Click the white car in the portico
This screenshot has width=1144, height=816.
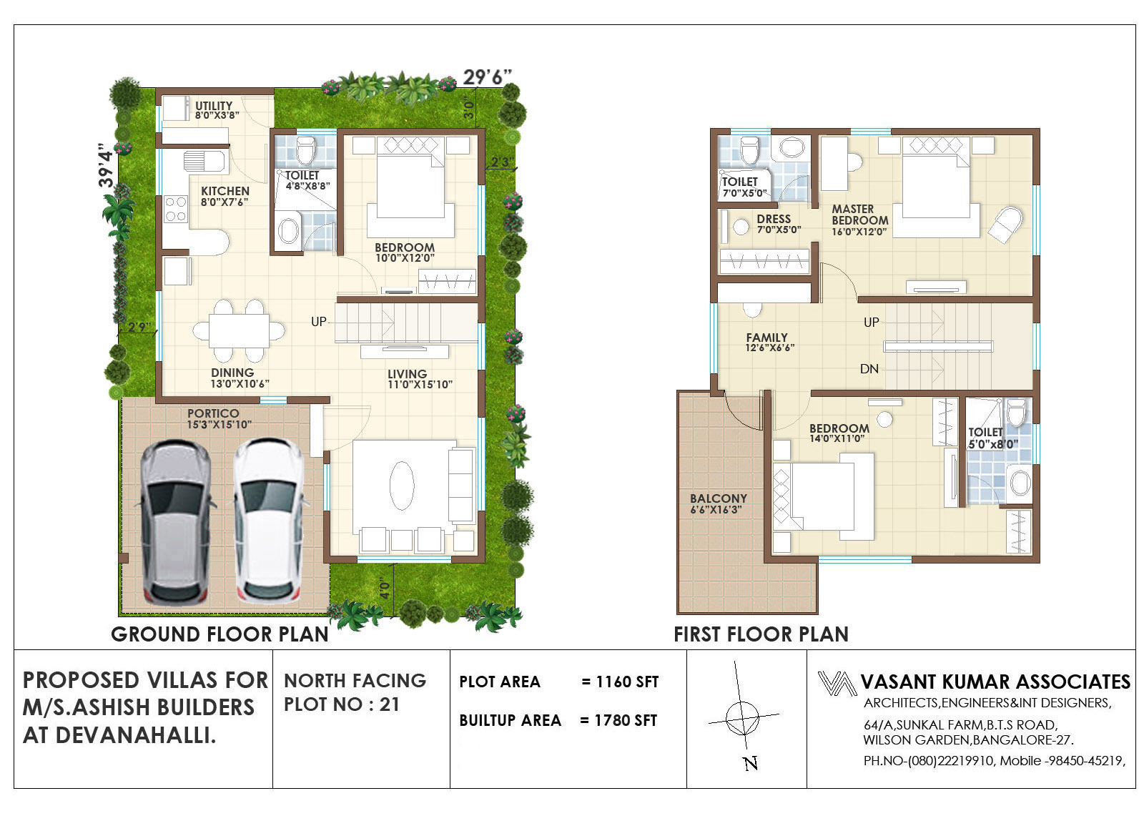[270, 520]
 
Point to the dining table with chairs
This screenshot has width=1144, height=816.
[239, 331]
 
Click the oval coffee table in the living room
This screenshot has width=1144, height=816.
[401, 486]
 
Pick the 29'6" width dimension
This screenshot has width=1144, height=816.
[487, 78]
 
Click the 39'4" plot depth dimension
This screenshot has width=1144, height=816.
[107, 165]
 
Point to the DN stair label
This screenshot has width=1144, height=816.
[869, 369]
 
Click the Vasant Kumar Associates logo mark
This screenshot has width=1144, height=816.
[837, 684]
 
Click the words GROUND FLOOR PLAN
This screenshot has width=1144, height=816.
[220, 634]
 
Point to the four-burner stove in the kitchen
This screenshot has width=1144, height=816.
[176, 209]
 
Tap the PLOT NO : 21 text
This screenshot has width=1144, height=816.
[342, 704]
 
